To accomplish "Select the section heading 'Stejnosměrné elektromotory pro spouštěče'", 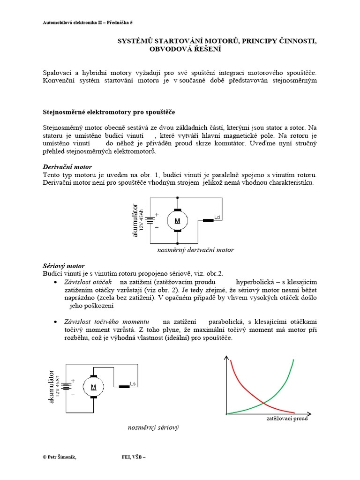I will click(109, 112).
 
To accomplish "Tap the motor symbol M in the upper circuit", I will click(177, 220).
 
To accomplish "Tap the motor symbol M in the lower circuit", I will click(93, 387).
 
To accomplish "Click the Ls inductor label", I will click(133, 384).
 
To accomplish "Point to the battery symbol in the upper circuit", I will click(150, 220).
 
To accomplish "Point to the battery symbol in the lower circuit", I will click(67, 387).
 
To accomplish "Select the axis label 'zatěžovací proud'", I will click(287, 419).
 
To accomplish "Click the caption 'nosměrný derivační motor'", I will click(195, 250).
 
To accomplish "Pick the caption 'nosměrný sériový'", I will click(154, 428).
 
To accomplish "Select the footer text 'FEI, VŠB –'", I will click(134, 458).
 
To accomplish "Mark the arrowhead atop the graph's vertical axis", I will click(228, 359).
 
